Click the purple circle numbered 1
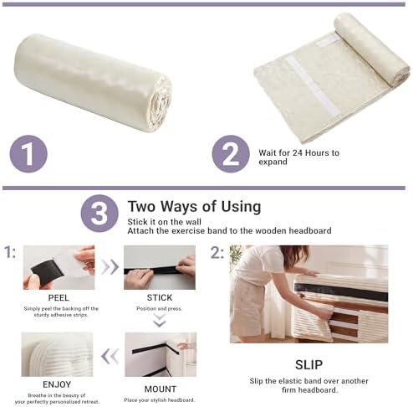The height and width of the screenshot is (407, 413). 28,154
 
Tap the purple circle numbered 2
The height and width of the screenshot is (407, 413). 231,154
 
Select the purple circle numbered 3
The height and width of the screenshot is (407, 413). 99,214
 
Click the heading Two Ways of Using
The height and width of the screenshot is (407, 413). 194,207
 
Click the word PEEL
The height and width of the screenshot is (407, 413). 59,298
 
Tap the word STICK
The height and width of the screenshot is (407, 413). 160,298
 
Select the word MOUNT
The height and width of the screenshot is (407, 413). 161,389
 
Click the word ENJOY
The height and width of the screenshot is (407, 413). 57,384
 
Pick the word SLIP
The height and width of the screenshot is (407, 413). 308,365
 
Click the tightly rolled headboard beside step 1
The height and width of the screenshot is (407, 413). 92,83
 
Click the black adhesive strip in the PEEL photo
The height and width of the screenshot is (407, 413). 47,270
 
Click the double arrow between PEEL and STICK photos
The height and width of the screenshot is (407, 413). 110,267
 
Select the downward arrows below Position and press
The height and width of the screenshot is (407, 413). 160,320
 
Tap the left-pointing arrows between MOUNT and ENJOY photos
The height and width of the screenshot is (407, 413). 110,357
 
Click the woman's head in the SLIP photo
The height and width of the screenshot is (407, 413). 294,255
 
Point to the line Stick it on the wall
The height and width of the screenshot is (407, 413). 164,222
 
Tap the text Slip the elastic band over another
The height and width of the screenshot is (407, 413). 308,381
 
